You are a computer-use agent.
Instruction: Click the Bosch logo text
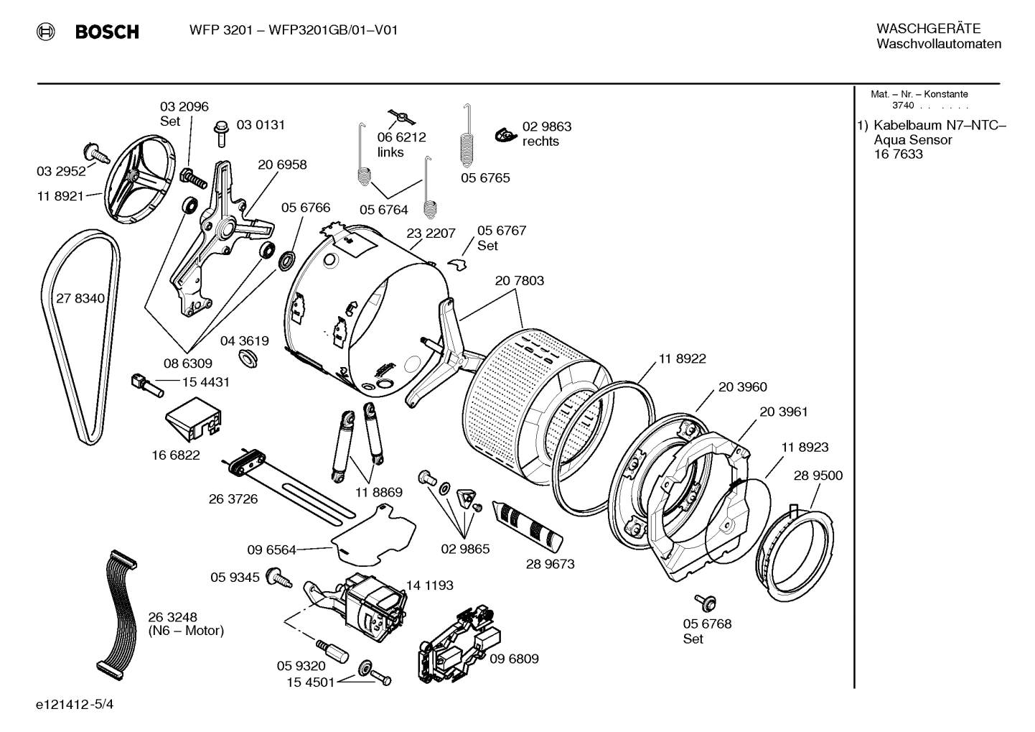pyautogui.click(x=106, y=32)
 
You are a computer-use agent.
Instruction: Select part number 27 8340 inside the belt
pyautogui.click(x=80, y=298)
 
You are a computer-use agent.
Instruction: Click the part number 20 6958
pyautogui.click(x=282, y=165)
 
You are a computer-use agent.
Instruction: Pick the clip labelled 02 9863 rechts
pyautogui.click(x=505, y=134)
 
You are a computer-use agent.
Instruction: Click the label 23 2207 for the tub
pyautogui.click(x=431, y=233)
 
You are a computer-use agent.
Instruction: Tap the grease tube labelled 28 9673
pyautogui.click(x=530, y=524)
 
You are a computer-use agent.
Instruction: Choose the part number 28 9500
pyautogui.click(x=818, y=476)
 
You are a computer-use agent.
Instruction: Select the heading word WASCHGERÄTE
pyautogui.click(x=927, y=29)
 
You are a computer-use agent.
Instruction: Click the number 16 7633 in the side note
pyautogui.click(x=898, y=154)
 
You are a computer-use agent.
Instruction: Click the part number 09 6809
pyautogui.click(x=514, y=659)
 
